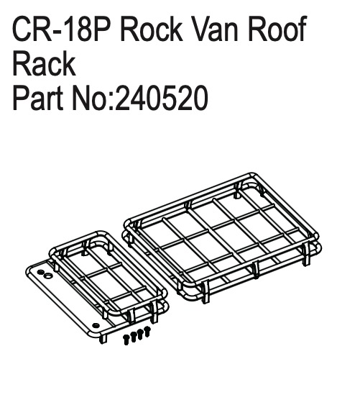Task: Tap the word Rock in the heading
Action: pos(152,29)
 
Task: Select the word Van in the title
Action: pos(216,29)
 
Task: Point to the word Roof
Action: pos(277,29)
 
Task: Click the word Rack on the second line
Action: pos(44,63)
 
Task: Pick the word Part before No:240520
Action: pos(37,98)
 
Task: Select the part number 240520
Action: pos(162,99)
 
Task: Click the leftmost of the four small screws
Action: pos(126,340)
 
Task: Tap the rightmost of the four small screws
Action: pos(147,331)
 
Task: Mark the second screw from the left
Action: pos(133,337)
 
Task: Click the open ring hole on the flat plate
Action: pos(47,276)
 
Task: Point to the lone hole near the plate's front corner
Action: pos(96,325)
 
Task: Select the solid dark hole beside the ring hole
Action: pos(40,272)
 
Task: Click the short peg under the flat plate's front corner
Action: pos(103,339)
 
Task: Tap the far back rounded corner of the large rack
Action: pos(252,175)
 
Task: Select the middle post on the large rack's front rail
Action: pos(256,270)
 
